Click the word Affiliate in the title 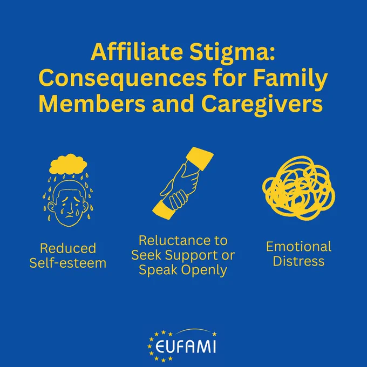(x=137, y=52)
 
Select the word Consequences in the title (x=123, y=79)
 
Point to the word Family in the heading (x=290, y=79)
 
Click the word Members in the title (x=92, y=104)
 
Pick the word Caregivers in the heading (x=262, y=104)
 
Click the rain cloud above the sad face (x=68, y=164)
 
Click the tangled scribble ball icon (x=298, y=188)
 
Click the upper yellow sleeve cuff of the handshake (x=200, y=158)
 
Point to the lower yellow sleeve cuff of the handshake (x=164, y=210)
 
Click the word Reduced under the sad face (x=68, y=248)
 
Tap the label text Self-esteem (x=68, y=263)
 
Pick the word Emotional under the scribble (x=298, y=247)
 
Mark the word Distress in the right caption (x=298, y=261)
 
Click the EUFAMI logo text (x=185, y=346)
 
